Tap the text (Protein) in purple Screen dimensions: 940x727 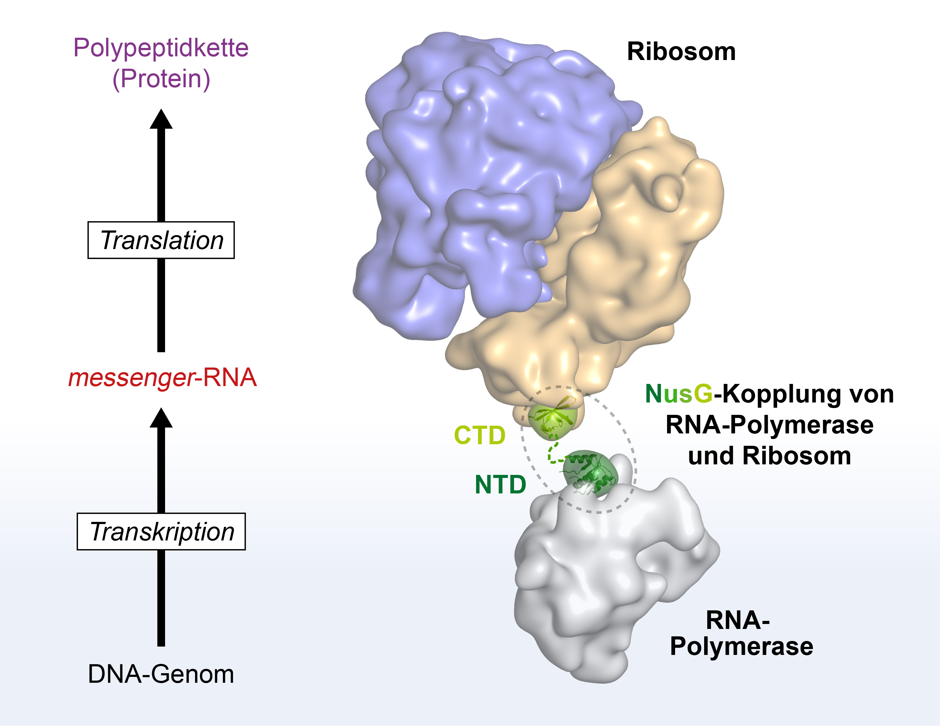[x=161, y=79]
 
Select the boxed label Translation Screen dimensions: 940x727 [x=161, y=240]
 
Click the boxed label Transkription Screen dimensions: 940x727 [x=161, y=531]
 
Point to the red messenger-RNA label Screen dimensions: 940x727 [x=163, y=378]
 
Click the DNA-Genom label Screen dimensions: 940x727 [x=161, y=674]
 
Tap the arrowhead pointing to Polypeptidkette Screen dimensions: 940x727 [x=161, y=119]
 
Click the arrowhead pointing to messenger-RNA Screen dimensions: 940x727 [x=161, y=418]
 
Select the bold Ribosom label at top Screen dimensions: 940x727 [x=681, y=52]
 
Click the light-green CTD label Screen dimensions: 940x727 [x=480, y=435]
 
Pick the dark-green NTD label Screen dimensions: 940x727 [x=500, y=484]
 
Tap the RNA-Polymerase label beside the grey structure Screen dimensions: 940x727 [x=741, y=634]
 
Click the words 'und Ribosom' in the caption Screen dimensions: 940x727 [x=770, y=456]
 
